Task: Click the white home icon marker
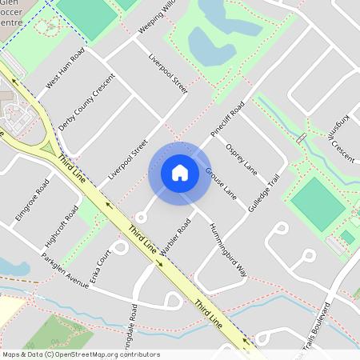tap(179, 172)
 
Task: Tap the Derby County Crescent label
tap(87, 103)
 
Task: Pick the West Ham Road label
tap(65, 70)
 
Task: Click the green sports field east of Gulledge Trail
tap(317, 203)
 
